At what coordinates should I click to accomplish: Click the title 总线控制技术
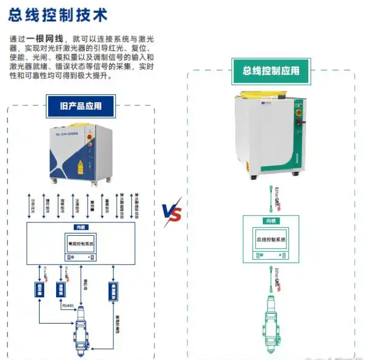(x=58, y=14)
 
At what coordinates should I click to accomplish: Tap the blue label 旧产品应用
(x=81, y=106)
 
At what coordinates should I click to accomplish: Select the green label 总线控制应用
(x=271, y=71)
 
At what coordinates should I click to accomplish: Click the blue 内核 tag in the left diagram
(x=81, y=227)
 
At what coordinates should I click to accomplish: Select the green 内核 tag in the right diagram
(x=271, y=221)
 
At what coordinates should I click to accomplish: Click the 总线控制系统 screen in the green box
(x=271, y=240)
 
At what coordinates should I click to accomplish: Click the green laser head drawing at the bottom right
(x=271, y=327)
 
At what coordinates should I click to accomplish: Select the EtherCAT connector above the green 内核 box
(x=271, y=199)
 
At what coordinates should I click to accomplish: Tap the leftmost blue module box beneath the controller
(x=38, y=289)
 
